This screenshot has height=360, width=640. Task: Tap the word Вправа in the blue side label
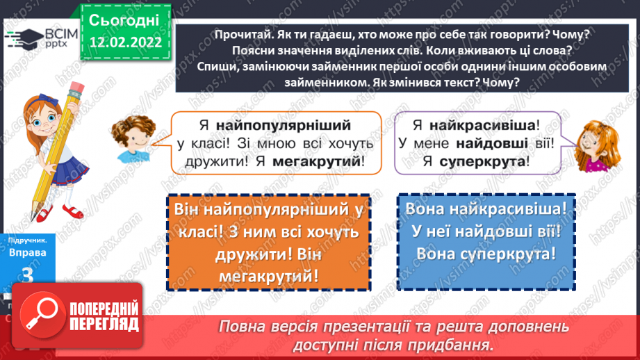[x=28, y=253]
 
